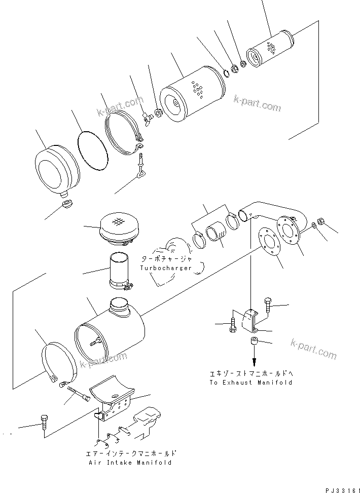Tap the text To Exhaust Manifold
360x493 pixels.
point(250,383)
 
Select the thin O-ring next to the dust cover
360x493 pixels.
point(93,151)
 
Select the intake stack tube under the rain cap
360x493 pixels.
point(121,272)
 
